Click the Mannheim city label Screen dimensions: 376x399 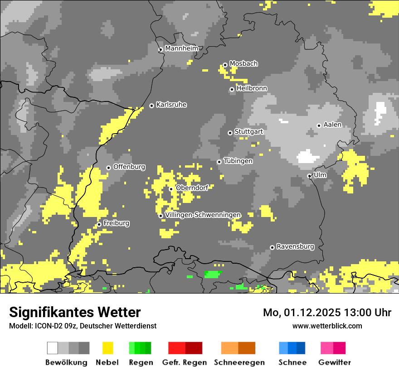[182, 48]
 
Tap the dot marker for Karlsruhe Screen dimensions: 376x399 [152, 106]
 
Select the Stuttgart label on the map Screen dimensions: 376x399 [249, 132]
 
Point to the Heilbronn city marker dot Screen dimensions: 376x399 [232, 90]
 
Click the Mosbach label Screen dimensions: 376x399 [243, 64]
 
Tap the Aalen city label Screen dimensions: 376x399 [332, 125]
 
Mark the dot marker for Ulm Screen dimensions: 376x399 [309, 176]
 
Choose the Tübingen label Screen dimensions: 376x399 [238, 161]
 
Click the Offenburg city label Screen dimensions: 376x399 [129, 167]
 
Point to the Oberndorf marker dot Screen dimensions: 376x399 [171, 189]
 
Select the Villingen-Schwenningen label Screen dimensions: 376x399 [203, 215]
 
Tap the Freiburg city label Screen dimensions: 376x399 [117, 223]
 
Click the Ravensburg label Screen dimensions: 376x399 [295, 247]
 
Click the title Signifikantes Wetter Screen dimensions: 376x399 [75, 312]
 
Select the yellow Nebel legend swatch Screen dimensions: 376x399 [107, 348]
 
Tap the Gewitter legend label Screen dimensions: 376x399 [335, 362]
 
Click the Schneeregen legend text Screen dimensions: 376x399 [239, 362]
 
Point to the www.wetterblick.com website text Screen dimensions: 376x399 [327, 326]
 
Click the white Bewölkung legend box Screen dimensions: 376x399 [53, 348]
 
